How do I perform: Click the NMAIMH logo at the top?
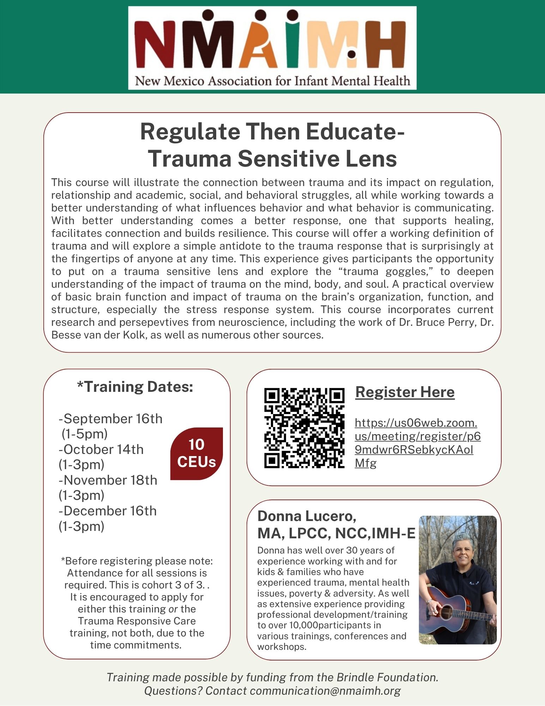(272, 48)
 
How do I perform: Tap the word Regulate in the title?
(189, 132)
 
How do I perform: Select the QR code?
(304, 428)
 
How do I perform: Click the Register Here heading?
(405, 392)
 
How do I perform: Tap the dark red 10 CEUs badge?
(196, 453)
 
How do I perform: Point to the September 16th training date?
(110, 419)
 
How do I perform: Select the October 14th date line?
(101, 450)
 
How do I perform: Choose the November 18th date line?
(108, 480)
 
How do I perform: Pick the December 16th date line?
(108, 511)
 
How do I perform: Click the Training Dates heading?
(135, 387)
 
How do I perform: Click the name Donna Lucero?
(307, 516)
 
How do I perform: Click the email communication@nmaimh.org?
(325, 691)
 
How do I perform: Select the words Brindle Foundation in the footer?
(387, 677)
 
